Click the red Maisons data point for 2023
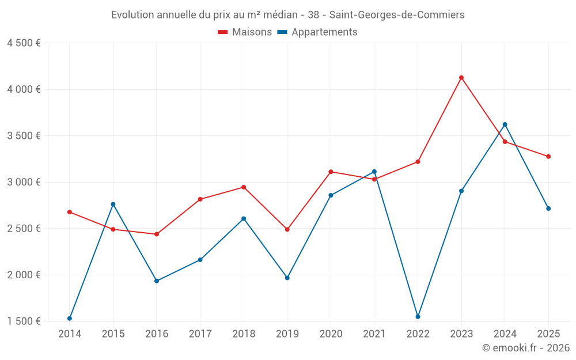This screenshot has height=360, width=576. click(x=461, y=78)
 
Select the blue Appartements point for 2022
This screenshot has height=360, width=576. click(x=418, y=317)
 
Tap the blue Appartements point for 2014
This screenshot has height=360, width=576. click(x=70, y=319)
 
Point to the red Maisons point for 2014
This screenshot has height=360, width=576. click(x=70, y=212)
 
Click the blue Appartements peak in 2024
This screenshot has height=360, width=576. click(x=505, y=124)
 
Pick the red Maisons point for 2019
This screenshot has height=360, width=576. click(x=287, y=229)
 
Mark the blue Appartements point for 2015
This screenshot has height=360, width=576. click(x=113, y=204)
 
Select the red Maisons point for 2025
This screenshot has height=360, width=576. click(x=548, y=157)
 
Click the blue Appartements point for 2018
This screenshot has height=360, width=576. click(x=244, y=219)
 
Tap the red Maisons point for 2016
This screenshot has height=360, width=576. click(x=157, y=234)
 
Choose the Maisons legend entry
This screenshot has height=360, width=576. click(x=245, y=32)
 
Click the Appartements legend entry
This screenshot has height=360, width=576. click(x=317, y=32)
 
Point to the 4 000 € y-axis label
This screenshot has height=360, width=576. click(x=24, y=89)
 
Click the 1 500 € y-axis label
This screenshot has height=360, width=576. click(x=24, y=321)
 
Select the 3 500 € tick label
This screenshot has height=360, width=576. click(x=24, y=136)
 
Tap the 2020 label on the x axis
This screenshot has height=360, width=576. click(x=331, y=334)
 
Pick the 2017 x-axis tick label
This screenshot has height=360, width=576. click(x=200, y=334)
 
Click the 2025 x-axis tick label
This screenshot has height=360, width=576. click(x=548, y=334)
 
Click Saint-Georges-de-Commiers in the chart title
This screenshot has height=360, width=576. click(x=397, y=15)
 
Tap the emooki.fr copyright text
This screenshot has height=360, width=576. click(x=526, y=348)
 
